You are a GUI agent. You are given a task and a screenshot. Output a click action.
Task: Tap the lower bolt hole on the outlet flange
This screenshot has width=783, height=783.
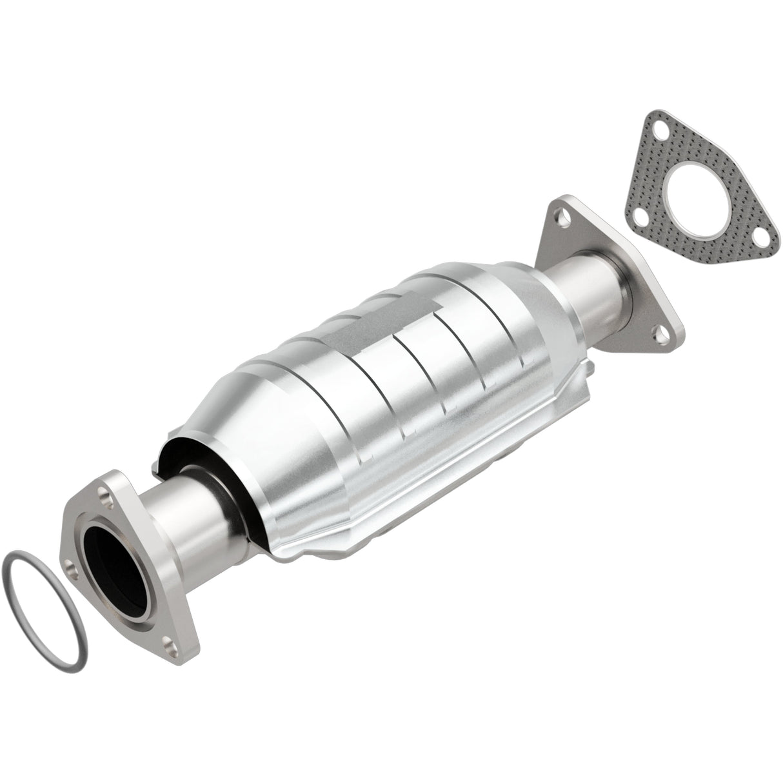pyautogui.click(x=659, y=333)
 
